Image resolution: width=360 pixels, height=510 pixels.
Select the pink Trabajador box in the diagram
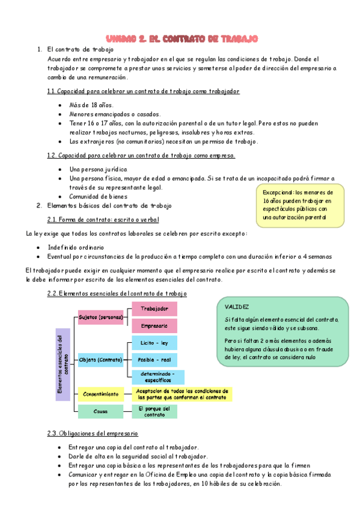pyautogui.click(x=154, y=309)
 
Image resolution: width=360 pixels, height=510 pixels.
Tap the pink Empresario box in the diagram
pyautogui.click(x=154, y=325)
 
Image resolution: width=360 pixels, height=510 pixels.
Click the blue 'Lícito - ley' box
pyautogui.click(x=154, y=343)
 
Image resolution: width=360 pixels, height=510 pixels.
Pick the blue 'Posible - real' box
pyautogui.click(x=154, y=360)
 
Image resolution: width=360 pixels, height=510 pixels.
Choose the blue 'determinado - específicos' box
pyautogui.click(x=154, y=376)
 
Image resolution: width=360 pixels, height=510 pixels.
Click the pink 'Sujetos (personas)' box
pyautogui.click(x=100, y=317)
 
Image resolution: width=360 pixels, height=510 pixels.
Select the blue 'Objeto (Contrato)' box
pyautogui.click(x=100, y=360)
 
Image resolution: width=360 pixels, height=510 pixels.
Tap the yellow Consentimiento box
pyautogui.click(x=100, y=394)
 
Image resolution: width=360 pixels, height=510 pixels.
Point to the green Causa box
pyautogui.click(x=100, y=411)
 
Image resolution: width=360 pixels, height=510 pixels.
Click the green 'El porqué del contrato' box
pyautogui.click(x=154, y=411)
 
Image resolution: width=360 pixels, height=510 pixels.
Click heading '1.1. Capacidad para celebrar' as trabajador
pyautogui.click(x=143, y=91)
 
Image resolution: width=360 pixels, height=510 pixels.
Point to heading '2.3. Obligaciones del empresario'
pyautogui.click(x=93, y=433)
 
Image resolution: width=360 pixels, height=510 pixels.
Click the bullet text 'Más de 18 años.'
pyautogui.click(x=92, y=105)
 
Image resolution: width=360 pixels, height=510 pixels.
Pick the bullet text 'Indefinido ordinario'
pyautogui.click(x=76, y=247)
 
